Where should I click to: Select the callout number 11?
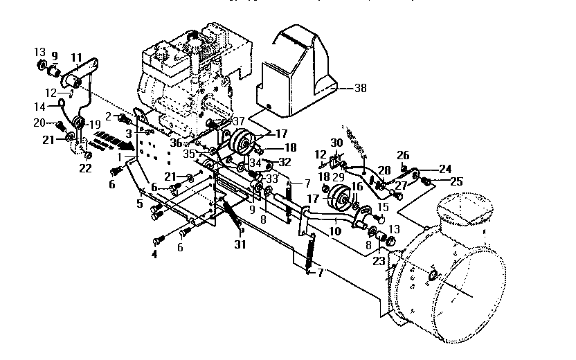[x=76, y=57]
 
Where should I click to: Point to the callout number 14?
[x=40, y=107]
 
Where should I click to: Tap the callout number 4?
[x=154, y=254]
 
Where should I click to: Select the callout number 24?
[x=444, y=168]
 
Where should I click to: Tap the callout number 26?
[x=404, y=155]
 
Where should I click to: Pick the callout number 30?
[x=337, y=143]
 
